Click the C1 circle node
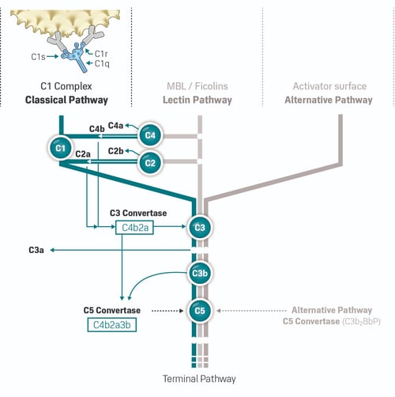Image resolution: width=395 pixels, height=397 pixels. [x=58, y=147]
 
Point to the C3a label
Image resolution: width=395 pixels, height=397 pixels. [x=36, y=250]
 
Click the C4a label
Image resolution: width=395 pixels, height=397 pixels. [x=115, y=125]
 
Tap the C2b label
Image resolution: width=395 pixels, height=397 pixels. [x=115, y=150]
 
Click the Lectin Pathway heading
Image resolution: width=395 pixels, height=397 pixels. [x=198, y=100]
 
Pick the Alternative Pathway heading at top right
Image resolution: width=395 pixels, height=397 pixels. [x=329, y=100]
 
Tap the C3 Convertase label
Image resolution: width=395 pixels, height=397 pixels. [x=137, y=214]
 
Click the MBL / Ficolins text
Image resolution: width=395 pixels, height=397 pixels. [x=198, y=86]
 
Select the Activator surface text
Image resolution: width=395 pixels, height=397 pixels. [x=329, y=86]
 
